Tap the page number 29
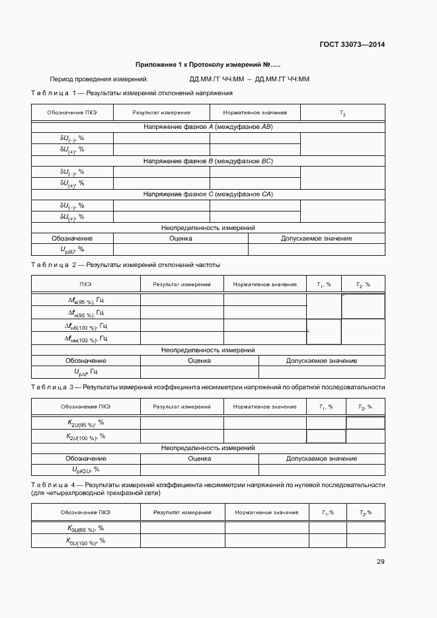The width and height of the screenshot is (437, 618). pos(381,562)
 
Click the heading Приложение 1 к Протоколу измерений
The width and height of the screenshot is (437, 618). pos(203,65)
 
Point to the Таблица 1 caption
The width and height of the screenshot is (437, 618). pos(129,93)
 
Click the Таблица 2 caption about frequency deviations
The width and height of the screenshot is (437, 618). pos(126,265)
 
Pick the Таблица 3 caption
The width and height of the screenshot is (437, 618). pos(208,387)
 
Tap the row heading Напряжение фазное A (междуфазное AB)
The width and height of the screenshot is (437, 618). pos(208,126)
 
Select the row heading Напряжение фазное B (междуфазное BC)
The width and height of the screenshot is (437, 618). pos(208,161)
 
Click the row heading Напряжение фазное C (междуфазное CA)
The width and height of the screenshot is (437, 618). pos(208,194)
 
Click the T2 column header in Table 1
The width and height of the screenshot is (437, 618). pos(342,113)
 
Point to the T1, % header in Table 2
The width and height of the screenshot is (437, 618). pos(324,285)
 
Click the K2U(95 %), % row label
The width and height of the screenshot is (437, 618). pos(86,423)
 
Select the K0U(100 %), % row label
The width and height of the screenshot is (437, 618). pos(86,541)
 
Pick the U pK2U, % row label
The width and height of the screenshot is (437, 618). pos(86,470)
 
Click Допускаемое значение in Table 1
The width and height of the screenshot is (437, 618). pos(316,239)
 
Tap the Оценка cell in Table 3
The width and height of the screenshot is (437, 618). pos(199,458)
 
